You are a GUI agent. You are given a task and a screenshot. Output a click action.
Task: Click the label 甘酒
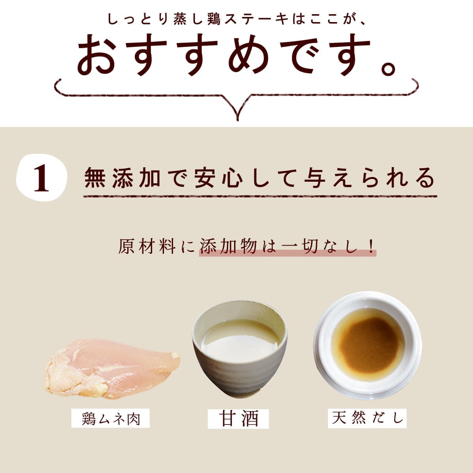tap(238, 419)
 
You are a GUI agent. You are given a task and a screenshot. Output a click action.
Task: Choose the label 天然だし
tap(367, 418)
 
